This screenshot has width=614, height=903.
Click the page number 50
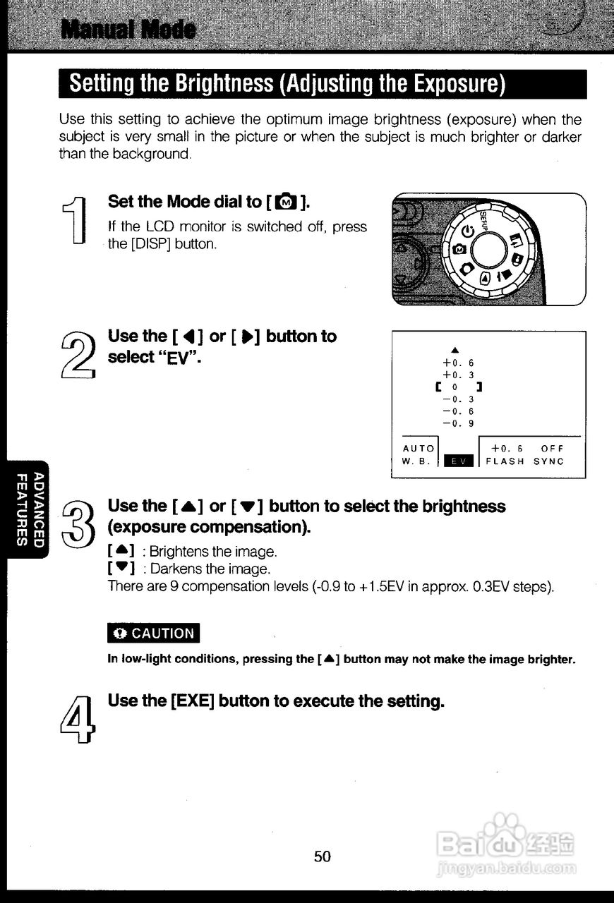pos(323,856)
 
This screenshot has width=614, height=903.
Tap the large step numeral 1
pos(76,220)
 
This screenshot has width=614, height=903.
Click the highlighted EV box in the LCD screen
pos(459,461)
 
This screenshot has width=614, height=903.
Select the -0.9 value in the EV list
pos(458,424)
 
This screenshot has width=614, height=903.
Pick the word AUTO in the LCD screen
pos(419,449)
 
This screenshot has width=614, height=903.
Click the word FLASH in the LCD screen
pos(505,461)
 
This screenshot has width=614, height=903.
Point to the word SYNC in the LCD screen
pos(548,461)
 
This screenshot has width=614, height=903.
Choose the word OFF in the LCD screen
pos(553,449)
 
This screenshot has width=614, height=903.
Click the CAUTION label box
pos(154,633)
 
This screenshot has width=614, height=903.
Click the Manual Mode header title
pos(128,30)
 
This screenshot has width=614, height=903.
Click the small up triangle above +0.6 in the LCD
pos(455,350)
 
